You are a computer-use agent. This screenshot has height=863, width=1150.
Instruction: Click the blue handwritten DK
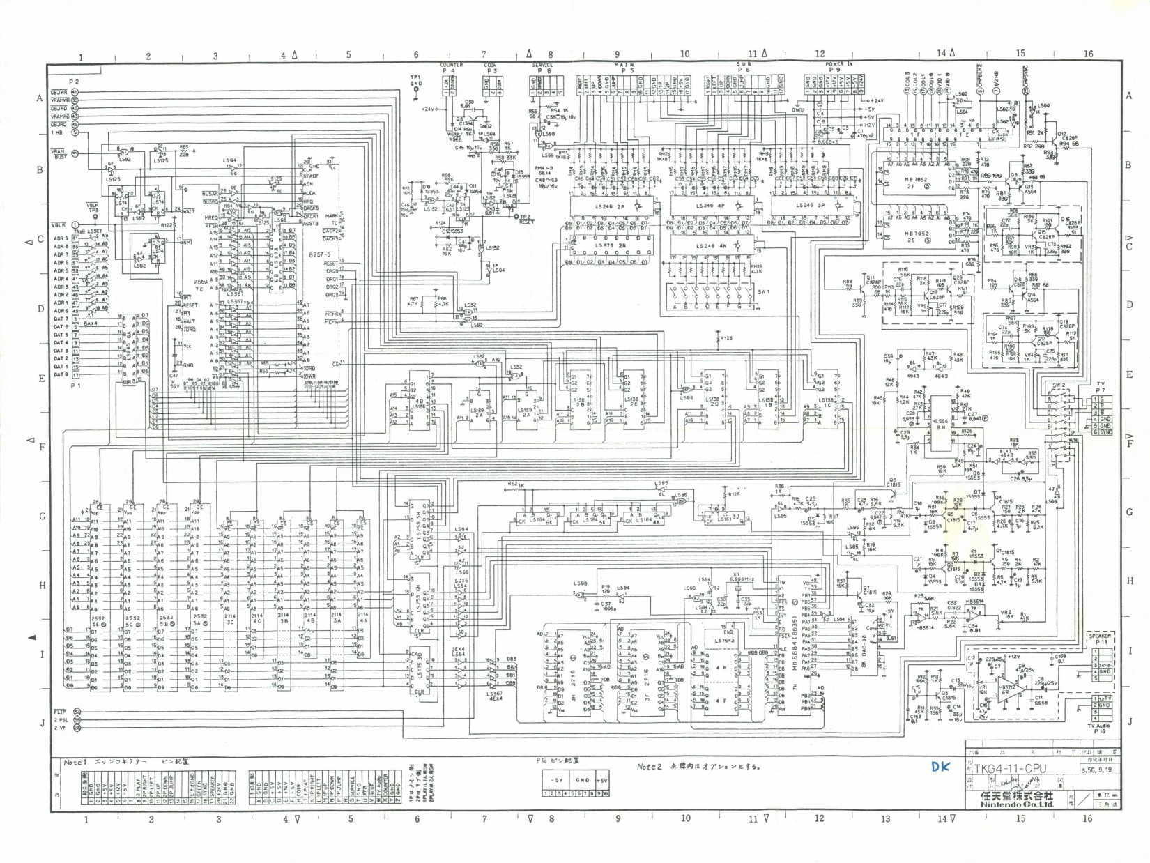(940, 767)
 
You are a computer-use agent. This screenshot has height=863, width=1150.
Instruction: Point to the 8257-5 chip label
(319, 255)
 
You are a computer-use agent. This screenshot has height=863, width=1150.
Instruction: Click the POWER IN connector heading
(838, 64)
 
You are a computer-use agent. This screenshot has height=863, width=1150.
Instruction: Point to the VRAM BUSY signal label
(59, 153)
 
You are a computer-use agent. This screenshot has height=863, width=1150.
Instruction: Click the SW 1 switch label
(763, 292)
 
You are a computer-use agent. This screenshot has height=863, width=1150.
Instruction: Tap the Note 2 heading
(648, 767)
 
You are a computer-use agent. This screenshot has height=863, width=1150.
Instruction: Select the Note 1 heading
(75, 763)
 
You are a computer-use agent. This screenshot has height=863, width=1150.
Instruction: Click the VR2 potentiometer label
(1006, 613)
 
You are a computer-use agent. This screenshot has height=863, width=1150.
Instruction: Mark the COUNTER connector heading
(452, 66)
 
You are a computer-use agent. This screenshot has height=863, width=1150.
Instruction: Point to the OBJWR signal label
(59, 92)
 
